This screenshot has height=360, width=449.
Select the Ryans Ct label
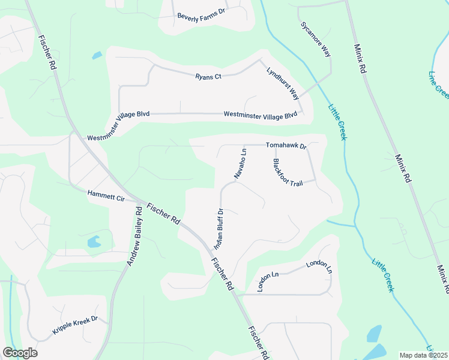[x=209, y=76]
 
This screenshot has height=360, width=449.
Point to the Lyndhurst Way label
[x=283, y=83]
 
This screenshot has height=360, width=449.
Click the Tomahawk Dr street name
[x=286, y=146]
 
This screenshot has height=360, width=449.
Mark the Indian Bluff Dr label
[x=218, y=229]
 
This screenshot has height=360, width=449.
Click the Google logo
[x=20, y=353]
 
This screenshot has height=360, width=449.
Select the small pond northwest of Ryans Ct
[x=97, y=56]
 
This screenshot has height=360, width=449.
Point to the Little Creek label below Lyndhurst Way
[x=337, y=123]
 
